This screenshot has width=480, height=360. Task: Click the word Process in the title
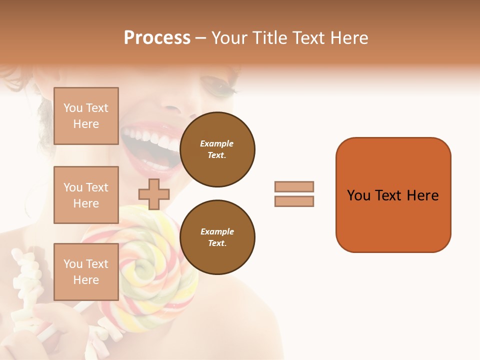pos(157,37)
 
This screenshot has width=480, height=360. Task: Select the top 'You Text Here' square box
pos(86,116)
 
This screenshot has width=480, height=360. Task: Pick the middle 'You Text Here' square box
pos(86,195)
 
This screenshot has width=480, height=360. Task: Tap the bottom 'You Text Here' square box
pos(86,271)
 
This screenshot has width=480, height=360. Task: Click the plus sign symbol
pos(153,194)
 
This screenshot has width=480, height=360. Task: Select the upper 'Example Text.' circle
pos(217,149)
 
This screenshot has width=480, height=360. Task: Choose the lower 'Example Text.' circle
pos(217,237)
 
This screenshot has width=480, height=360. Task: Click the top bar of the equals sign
pos(294,186)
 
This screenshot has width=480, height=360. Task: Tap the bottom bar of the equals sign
pos(294,201)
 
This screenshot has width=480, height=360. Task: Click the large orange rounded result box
pos(393,194)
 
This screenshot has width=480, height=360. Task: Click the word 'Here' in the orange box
pos(422,195)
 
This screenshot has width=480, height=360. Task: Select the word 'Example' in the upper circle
pos(217,143)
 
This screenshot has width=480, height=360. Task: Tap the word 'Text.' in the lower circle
pos(217,243)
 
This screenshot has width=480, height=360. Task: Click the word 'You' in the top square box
pos(72,108)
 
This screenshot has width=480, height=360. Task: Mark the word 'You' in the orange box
pos(358,195)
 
